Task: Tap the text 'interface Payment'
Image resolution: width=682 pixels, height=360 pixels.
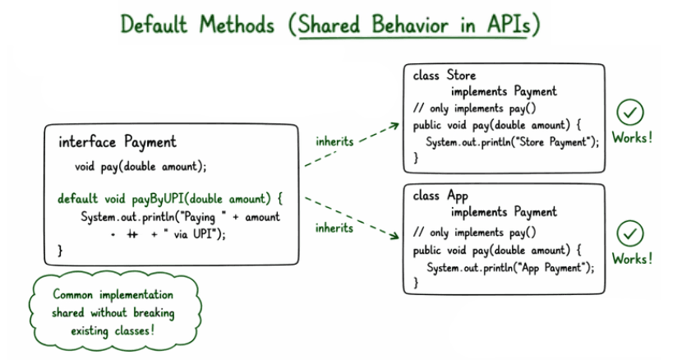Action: (117, 142)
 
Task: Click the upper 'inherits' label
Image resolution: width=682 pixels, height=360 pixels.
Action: (334, 141)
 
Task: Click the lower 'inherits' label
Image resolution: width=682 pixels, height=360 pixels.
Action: (334, 227)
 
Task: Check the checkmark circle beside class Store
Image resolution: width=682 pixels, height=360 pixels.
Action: (631, 113)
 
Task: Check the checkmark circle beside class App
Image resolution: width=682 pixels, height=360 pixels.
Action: (631, 233)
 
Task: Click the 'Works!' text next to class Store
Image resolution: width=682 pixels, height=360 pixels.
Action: (633, 137)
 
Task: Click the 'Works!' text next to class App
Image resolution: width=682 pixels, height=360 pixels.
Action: (633, 259)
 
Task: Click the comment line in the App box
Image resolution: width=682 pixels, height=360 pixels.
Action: (474, 233)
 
